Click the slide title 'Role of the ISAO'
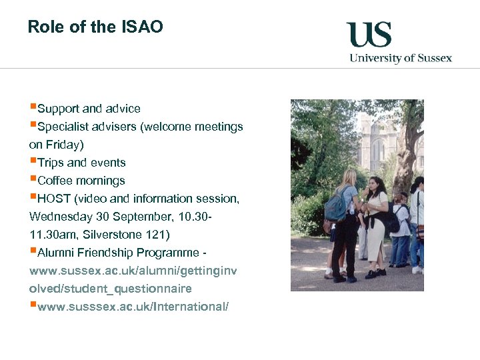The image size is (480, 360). [x=95, y=27]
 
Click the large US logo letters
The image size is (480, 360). [x=369, y=34]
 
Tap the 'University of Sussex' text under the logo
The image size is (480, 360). [x=401, y=58]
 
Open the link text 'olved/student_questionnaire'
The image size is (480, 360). [x=111, y=289]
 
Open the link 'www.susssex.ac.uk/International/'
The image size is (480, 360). [x=133, y=307]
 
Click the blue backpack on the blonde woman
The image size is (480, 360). [x=335, y=207]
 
